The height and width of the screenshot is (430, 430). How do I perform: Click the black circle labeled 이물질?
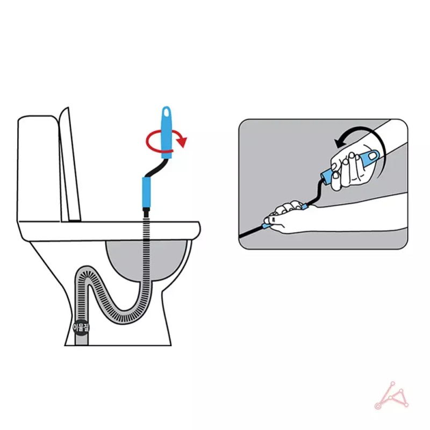81,327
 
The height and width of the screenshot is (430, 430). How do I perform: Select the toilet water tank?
38,168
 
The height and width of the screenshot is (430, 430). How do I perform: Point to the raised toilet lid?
70,164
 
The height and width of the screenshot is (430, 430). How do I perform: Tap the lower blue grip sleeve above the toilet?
147,192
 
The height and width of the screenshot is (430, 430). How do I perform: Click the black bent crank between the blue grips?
155,168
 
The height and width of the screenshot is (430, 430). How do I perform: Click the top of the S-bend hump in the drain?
85,270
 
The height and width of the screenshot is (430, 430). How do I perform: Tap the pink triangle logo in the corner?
391,396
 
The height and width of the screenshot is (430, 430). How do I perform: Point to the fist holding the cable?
281,217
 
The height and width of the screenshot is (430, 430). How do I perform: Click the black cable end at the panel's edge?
240,236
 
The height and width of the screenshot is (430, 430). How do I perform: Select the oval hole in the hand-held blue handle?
372,156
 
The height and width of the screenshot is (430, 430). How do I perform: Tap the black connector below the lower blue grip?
147,212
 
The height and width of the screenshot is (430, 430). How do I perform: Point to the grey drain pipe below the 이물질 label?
81,340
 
